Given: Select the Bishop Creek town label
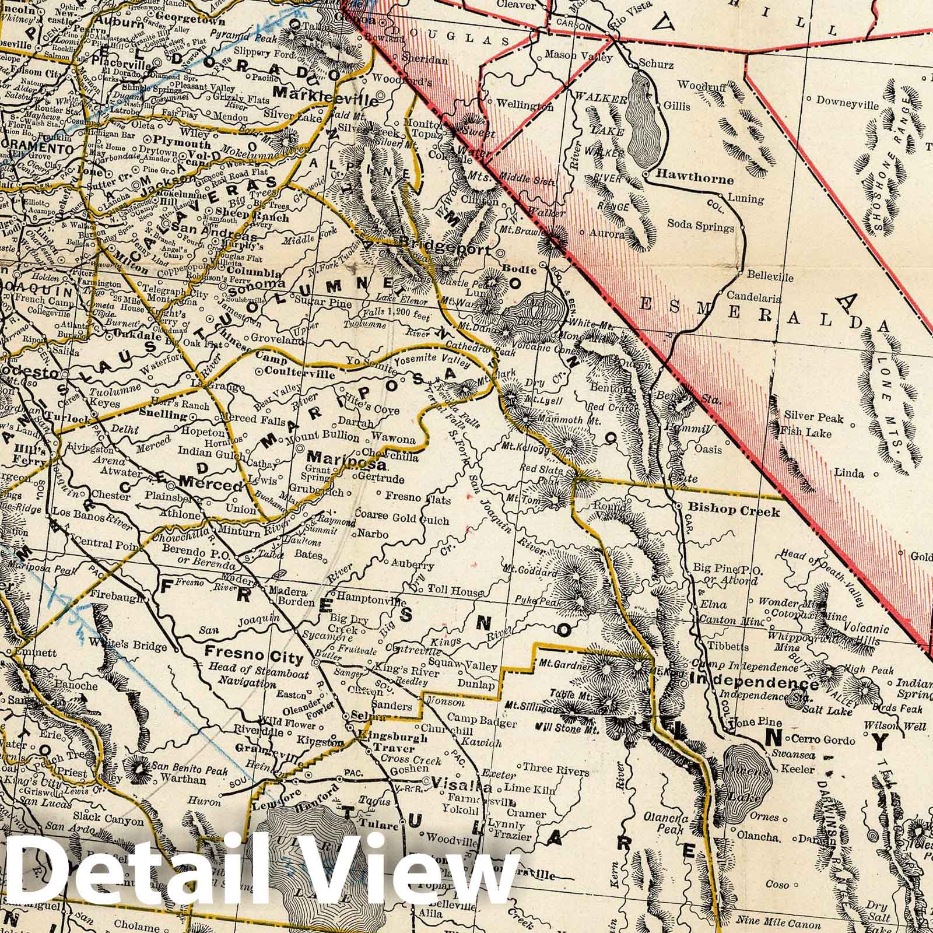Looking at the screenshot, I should pos(734,511).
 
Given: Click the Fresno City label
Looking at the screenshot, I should pos(254,658).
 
